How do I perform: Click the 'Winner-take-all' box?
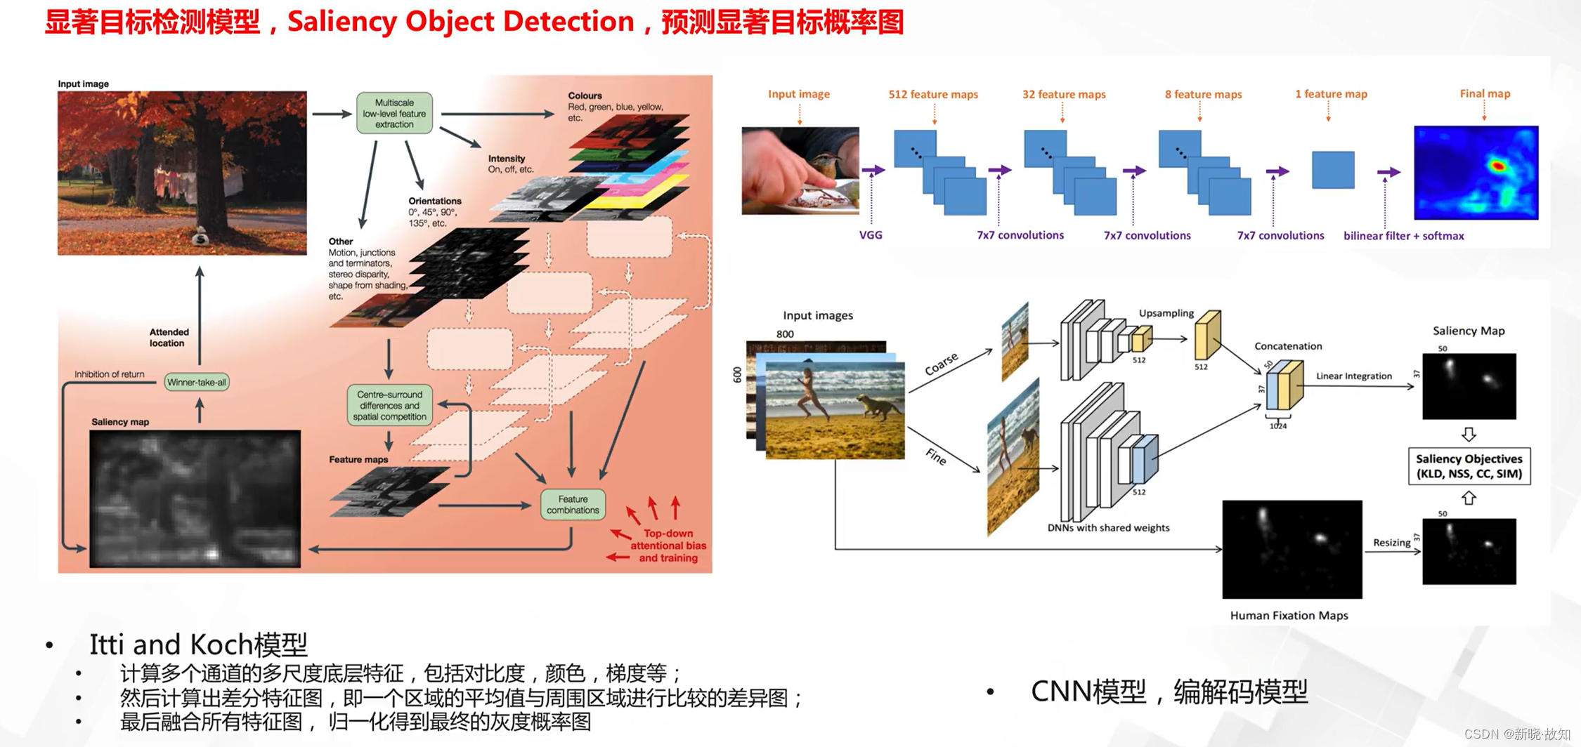pos(197,382)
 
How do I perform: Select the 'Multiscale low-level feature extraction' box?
pos(394,113)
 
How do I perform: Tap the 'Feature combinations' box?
pos(573,505)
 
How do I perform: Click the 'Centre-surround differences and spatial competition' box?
pos(390,406)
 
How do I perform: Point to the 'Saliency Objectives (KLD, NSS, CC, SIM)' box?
pos(1469,466)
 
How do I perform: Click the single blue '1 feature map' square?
pos(1333,170)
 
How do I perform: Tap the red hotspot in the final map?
pos(1497,166)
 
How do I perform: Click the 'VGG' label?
pos(871,235)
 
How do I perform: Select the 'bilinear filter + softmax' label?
pos(1403,236)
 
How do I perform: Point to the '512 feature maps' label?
pos(933,94)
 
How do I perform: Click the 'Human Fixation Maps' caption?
pos(1289,616)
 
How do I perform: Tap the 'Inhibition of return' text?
pos(110,374)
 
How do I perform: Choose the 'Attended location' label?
pos(169,338)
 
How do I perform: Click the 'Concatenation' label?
pos(1288,346)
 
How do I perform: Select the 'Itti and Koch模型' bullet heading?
pos(198,644)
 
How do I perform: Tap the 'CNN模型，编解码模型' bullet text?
pos(1169,692)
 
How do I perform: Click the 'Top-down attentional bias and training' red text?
pos(668,546)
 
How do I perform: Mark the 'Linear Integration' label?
pos(1353,376)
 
